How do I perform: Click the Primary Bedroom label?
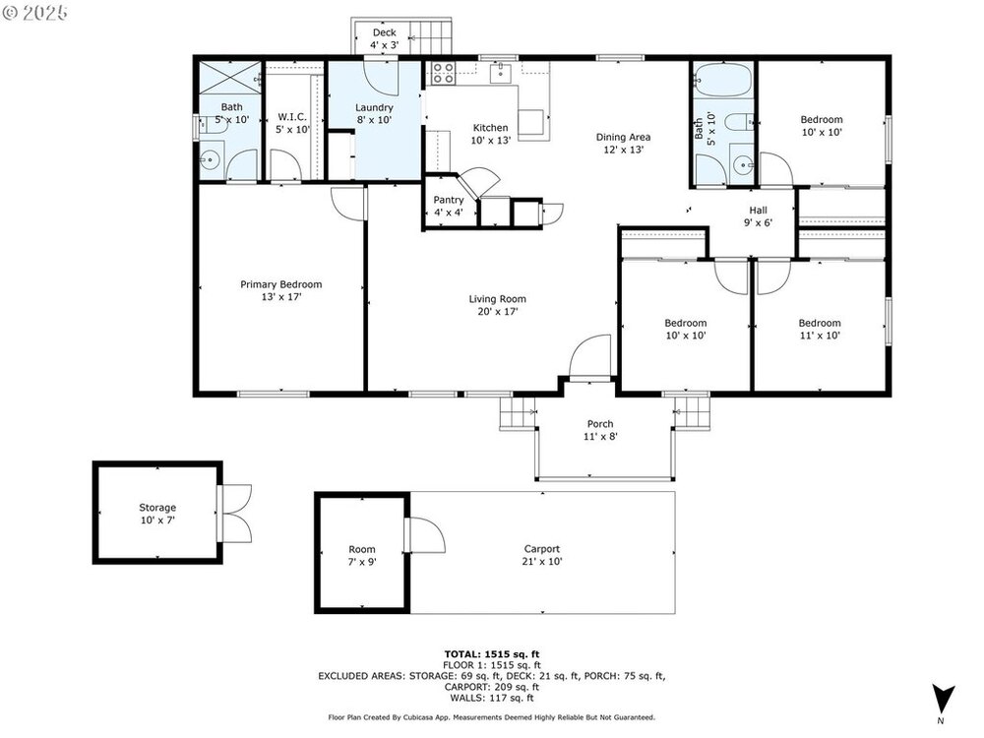tap(281, 284)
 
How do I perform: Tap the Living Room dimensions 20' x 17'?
tap(498, 311)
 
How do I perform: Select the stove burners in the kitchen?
tap(443, 73)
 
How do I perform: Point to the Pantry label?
tap(449, 200)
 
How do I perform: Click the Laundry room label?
tap(374, 107)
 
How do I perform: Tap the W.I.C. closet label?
tap(292, 117)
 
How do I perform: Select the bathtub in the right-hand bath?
tap(723, 79)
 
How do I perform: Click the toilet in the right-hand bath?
tap(742, 121)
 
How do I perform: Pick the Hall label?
tap(758, 211)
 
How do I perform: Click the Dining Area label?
tap(623, 137)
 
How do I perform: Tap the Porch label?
tap(600, 424)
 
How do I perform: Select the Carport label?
tap(542, 548)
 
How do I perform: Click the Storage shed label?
tap(157, 507)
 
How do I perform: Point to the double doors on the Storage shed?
tap(234, 514)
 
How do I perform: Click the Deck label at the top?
tap(384, 32)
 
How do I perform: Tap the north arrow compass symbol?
tap(943, 700)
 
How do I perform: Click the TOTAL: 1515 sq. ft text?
tap(492, 654)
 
